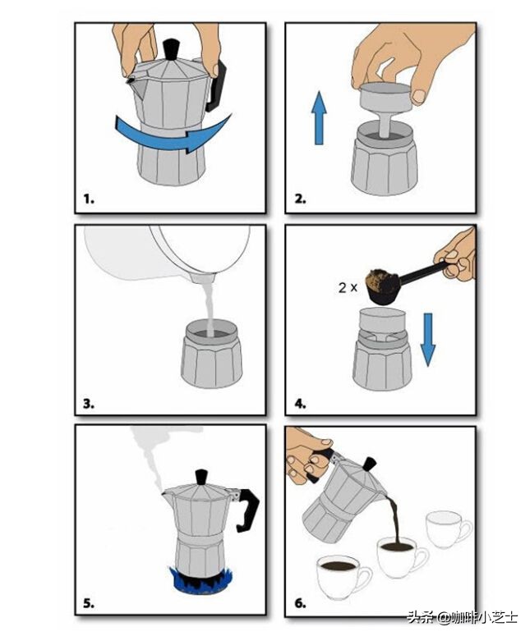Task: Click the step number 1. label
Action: pos(89,199)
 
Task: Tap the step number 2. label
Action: pos(300,199)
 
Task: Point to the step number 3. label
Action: pos(89,404)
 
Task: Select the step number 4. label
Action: pos(300,404)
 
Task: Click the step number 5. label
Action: pos(89,603)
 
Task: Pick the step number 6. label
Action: pos(300,603)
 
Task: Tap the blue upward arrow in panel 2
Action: pos(319,117)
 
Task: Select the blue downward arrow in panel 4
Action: pos(427,340)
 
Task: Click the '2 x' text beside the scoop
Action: pos(348,287)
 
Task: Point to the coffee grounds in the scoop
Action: pos(382,279)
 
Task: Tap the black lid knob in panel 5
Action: pos(201,477)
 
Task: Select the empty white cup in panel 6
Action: pos(449,530)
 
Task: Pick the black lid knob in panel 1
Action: pos(172,49)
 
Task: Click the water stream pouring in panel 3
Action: pos(210,309)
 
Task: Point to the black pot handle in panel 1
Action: pos(215,86)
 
